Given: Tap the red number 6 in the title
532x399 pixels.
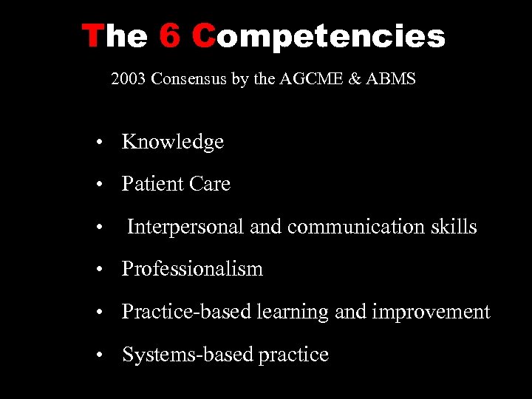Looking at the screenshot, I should [170, 35].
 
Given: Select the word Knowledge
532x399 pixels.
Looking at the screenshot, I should [173, 142].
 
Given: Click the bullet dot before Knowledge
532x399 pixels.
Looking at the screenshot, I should [98, 143].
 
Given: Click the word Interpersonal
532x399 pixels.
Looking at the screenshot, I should [185, 227].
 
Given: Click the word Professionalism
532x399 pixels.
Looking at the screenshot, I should [192, 269].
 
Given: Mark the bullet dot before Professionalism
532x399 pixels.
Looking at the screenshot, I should [98, 270].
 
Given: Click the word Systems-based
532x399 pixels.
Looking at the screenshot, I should [188, 355].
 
